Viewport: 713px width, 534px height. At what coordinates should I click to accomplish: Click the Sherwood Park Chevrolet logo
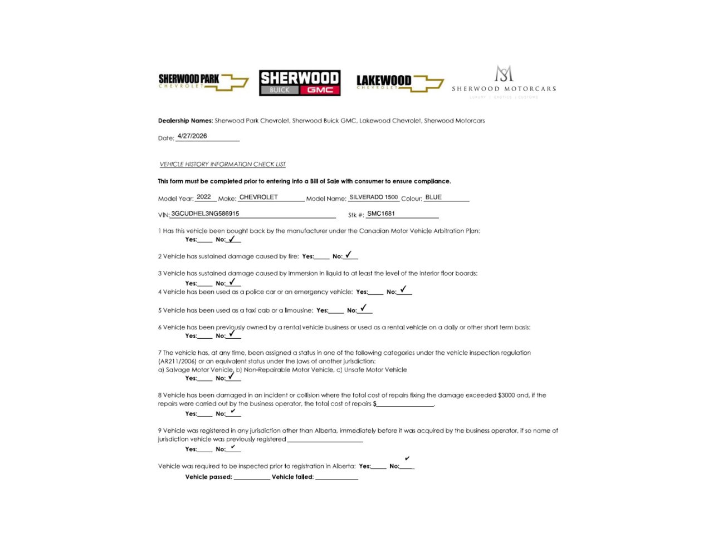coord(203,82)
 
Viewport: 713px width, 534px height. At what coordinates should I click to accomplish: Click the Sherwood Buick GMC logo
coord(300,83)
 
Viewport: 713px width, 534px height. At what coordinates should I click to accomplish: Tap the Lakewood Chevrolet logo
coord(399,83)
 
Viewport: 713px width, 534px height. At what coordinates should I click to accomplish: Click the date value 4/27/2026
coord(192,136)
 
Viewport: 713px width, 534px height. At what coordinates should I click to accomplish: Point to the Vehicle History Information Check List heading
coord(222,164)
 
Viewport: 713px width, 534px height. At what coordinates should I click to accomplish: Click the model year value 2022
coord(204,197)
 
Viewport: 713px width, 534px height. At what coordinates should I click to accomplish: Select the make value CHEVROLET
coord(258,197)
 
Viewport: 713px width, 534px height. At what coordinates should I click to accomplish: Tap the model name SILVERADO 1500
coord(373,197)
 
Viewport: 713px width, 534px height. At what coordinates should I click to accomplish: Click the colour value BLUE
coord(433,197)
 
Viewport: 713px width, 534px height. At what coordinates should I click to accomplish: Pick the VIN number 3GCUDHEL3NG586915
coord(205,214)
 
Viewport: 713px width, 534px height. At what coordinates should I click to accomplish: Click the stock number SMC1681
coord(381,214)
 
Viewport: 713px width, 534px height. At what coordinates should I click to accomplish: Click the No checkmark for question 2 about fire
coord(349,255)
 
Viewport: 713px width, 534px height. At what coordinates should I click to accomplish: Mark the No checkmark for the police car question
coord(403,290)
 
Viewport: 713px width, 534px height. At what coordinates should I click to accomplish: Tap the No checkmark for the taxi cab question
coord(364,308)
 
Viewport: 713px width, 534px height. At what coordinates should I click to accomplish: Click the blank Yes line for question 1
coord(205,241)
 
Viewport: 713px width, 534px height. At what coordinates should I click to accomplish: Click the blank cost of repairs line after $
coord(405,405)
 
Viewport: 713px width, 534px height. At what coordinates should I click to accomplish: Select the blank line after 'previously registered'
coord(325,440)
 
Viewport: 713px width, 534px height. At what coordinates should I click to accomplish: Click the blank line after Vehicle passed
coord(252,478)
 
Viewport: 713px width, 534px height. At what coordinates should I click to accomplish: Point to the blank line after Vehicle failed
coord(336,478)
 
